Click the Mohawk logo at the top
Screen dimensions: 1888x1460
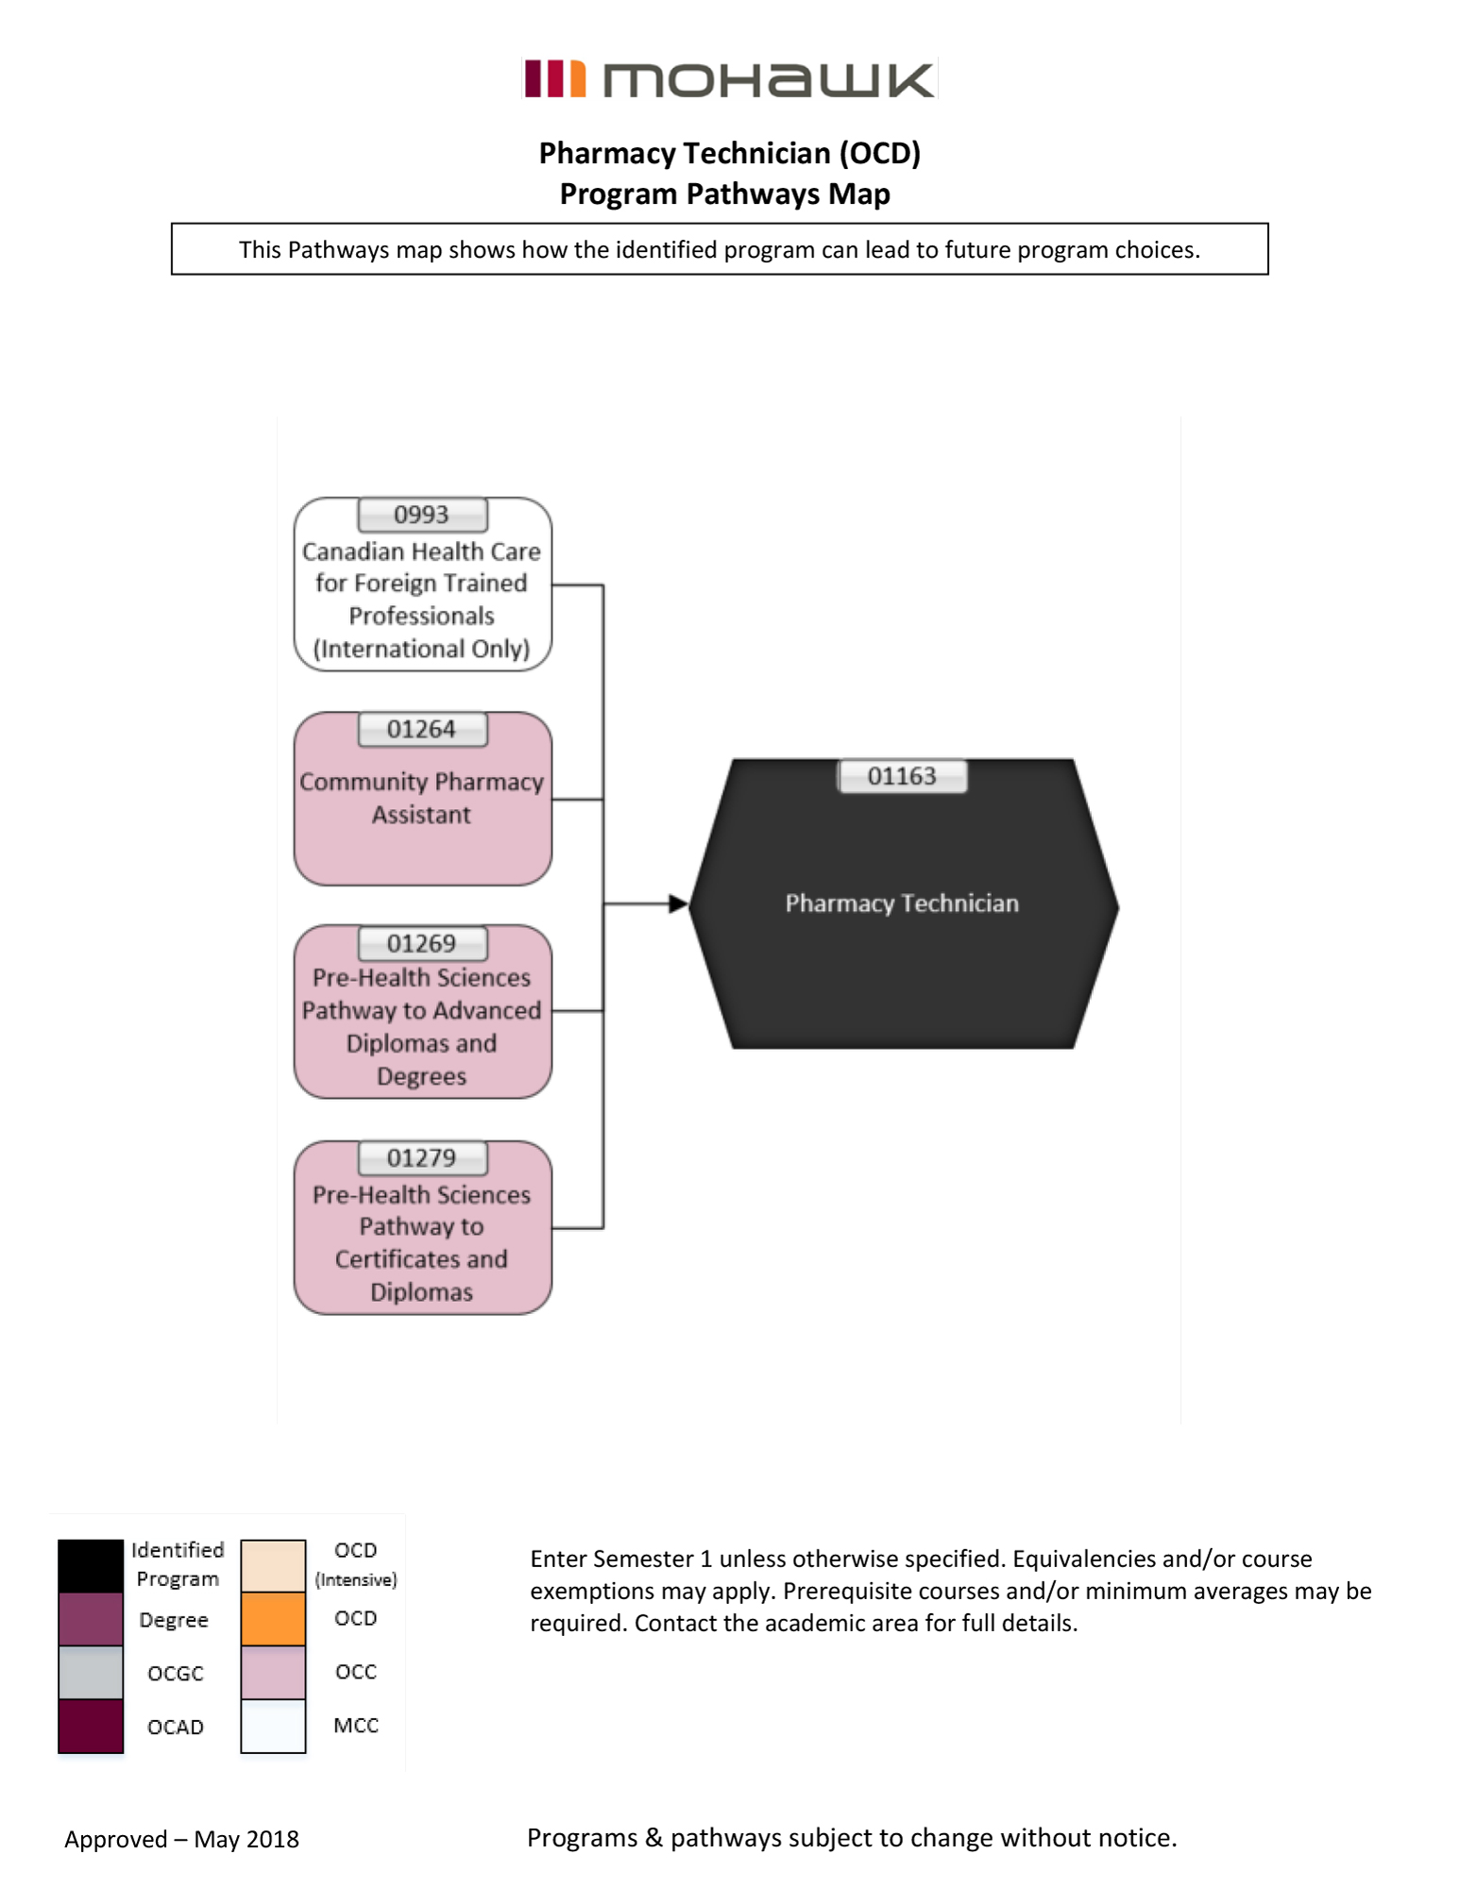pos(729,79)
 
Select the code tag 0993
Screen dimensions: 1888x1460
pos(422,515)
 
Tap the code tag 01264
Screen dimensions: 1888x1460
pos(422,730)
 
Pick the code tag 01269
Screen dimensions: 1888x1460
pos(422,943)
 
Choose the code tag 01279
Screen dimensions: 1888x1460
pos(422,1158)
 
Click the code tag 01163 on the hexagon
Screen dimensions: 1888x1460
pos(902,777)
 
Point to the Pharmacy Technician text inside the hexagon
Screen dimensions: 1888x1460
pos(902,903)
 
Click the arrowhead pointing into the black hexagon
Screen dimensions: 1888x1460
pos(678,904)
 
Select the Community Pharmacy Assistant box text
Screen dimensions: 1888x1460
pos(421,799)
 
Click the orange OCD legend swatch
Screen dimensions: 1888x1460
pos(273,1619)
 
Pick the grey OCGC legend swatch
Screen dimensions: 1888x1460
pos(91,1673)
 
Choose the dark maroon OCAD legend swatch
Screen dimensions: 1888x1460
pos(91,1726)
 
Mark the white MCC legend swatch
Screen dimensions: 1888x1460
pos(273,1726)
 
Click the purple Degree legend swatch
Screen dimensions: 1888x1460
pos(91,1619)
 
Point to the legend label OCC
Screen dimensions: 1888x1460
pos(356,1672)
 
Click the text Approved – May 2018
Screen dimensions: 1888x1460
pos(182,1839)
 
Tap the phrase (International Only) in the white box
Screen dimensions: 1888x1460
pos(421,649)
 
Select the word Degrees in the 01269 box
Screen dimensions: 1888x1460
pos(421,1076)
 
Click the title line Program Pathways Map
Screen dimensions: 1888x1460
pos(724,194)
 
